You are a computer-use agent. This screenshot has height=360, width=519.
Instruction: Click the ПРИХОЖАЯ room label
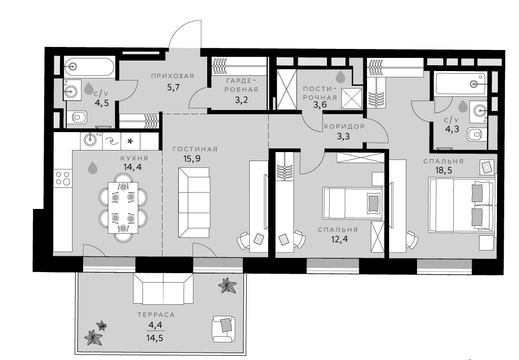click(x=172, y=76)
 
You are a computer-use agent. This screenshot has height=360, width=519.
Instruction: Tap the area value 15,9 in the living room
click(x=192, y=158)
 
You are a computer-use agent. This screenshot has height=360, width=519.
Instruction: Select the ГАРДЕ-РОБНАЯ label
click(x=242, y=85)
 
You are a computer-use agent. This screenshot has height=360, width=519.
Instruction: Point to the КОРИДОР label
click(x=344, y=126)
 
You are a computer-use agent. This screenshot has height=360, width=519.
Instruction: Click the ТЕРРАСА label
click(x=156, y=315)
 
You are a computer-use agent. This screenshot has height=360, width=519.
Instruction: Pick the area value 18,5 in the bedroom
click(x=444, y=171)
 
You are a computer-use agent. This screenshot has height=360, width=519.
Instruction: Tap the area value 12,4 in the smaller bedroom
click(x=339, y=239)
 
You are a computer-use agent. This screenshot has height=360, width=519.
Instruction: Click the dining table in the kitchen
click(x=123, y=208)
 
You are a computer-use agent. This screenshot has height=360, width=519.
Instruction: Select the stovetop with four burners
click(x=63, y=178)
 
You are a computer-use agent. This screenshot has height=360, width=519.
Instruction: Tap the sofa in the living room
click(x=194, y=202)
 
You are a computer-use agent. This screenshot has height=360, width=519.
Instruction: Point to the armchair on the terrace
click(x=224, y=329)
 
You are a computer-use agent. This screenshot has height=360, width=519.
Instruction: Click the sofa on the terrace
click(x=163, y=289)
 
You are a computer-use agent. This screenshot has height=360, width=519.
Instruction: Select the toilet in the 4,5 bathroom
click(x=79, y=117)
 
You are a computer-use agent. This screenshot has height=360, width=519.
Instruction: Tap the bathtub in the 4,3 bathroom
click(x=461, y=84)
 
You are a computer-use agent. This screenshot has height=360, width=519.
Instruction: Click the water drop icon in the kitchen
click(x=93, y=168)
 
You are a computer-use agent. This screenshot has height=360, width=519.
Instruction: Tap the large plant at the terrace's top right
click(x=227, y=285)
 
